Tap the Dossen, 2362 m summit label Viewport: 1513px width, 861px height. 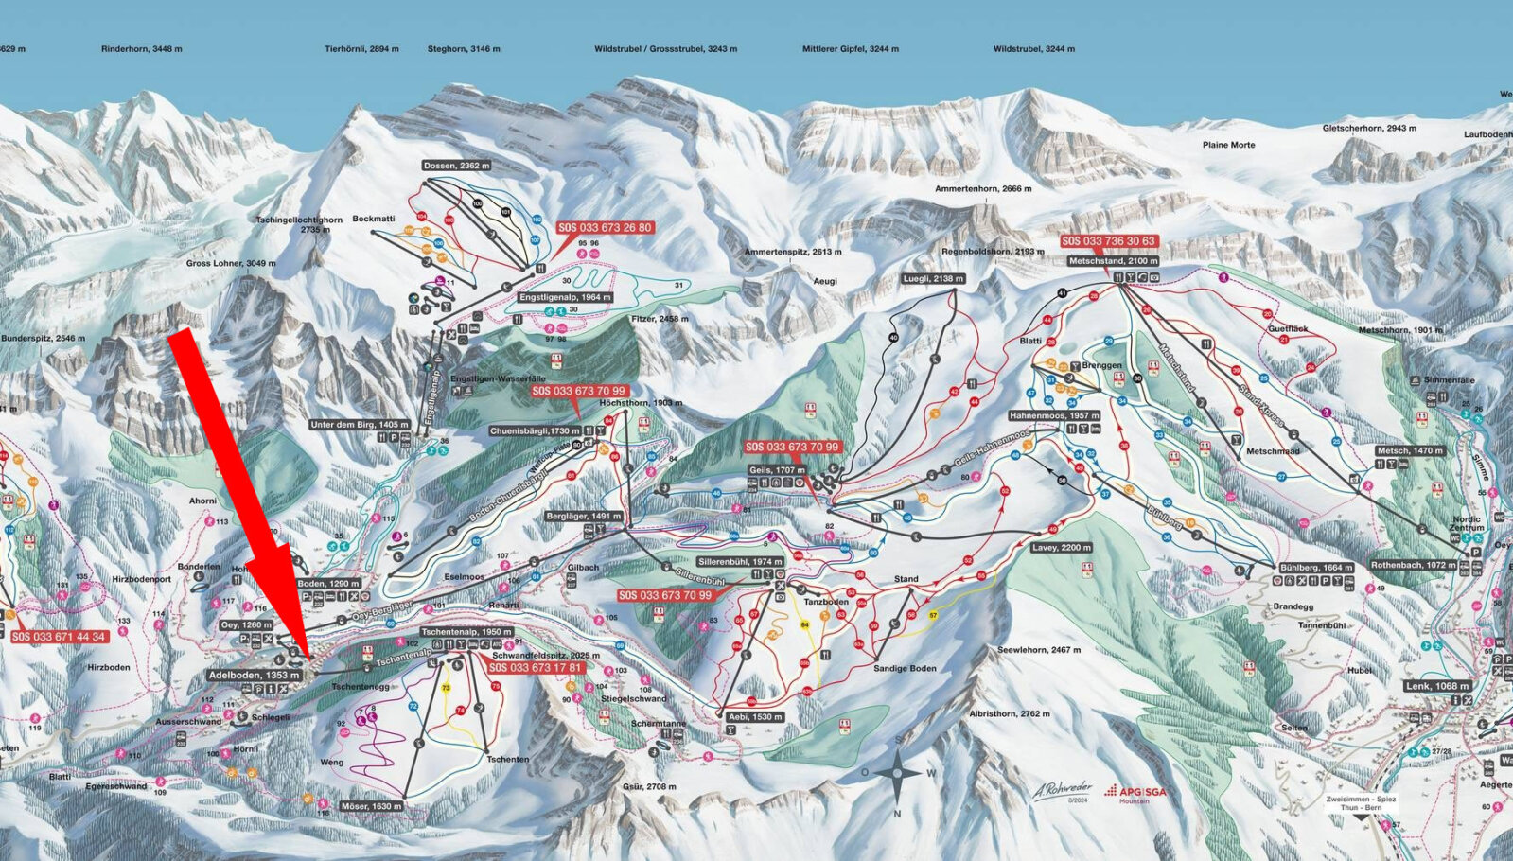pyautogui.click(x=457, y=166)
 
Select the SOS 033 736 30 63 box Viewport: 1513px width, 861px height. pyautogui.click(x=1108, y=241)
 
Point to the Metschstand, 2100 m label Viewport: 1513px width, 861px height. pyautogui.click(x=1113, y=261)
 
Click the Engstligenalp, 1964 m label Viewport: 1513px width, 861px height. pyautogui.click(x=565, y=297)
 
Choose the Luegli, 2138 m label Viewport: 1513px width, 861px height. pyautogui.click(x=932, y=279)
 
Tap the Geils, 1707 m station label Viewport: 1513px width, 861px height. pyautogui.click(x=776, y=469)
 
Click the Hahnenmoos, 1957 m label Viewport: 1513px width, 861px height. pyautogui.click(x=1054, y=415)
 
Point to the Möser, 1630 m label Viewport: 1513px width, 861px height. pyautogui.click(x=371, y=806)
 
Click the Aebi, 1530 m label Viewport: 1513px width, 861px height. pyautogui.click(x=755, y=717)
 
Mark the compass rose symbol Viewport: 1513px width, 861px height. pyautogui.click(x=896, y=774)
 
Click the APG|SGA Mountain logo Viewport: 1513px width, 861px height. pyautogui.click(x=1135, y=793)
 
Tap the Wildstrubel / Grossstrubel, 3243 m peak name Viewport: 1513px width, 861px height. pyautogui.click(x=665, y=48)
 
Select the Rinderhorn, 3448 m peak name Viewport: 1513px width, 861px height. pyautogui.click(x=142, y=48)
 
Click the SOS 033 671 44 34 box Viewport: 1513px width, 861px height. pyautogui.click(x=59, y=637)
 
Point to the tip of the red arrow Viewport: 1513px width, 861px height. pyautogui.click(x=305, y=656)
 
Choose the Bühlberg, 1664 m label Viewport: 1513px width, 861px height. pyautogui.click(x=1315, y=568)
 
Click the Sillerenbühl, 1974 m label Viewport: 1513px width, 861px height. pyautogui.click(x=740, y=561)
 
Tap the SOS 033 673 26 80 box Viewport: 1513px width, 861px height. pyautogui.click(x=605, y=228)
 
